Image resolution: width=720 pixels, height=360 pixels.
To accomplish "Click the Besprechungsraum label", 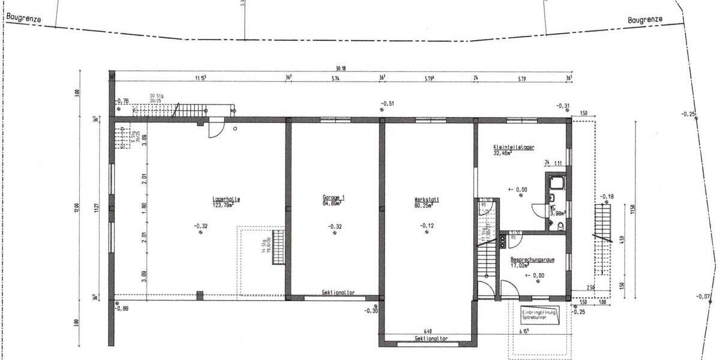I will (x=531, y=260).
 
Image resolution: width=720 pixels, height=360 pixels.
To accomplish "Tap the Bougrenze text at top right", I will (x=645, y=19).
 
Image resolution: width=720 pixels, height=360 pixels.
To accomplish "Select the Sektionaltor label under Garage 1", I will (x=338, y=293).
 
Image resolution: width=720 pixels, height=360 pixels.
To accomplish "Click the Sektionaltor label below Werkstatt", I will (x=431, y=338).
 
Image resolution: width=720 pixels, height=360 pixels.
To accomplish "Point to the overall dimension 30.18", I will (x=341, y=68).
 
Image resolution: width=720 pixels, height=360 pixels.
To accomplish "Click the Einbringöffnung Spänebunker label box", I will (x=539, y=315).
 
